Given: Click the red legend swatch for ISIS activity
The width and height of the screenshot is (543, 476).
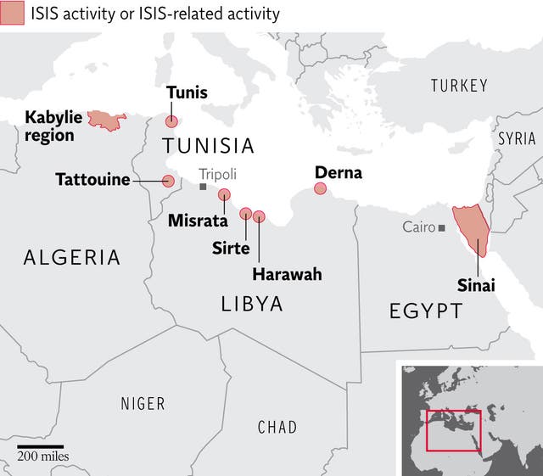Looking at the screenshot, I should pos(12,14).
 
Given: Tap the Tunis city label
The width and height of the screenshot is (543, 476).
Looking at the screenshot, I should pos(187,92).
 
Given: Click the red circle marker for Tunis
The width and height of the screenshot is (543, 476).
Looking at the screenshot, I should pos(171,121).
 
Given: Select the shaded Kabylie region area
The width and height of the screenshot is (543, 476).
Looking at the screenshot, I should pos(105,120).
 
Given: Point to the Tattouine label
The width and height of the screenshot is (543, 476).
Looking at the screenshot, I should pos(92,180).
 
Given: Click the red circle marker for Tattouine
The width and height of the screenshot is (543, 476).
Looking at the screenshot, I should pos(168,181).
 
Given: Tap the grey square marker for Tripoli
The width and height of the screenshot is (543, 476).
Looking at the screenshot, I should pos(203,186).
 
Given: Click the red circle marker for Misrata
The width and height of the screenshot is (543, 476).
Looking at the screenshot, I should pos(224,194).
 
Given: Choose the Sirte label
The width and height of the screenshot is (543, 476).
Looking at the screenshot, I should pos(231,248).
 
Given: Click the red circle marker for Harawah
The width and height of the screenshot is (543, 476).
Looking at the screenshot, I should pos(259,216).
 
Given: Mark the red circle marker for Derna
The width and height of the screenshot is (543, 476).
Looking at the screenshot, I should pos(320,188).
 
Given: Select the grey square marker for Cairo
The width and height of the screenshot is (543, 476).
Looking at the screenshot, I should pos(442,227).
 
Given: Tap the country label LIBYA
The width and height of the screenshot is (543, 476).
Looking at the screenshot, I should pos(252,304).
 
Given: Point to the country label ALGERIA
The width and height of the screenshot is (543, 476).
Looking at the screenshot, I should pos(72,257).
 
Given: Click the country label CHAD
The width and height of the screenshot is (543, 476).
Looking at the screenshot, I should pos(277,427).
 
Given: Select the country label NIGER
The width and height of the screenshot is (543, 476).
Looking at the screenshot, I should pos(143,404).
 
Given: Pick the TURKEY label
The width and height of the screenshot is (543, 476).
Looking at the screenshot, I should pos(459,86).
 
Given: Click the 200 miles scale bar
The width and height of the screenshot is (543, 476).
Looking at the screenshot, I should pos(39,446).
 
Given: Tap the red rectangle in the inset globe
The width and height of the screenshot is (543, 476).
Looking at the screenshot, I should pos(453,430).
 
